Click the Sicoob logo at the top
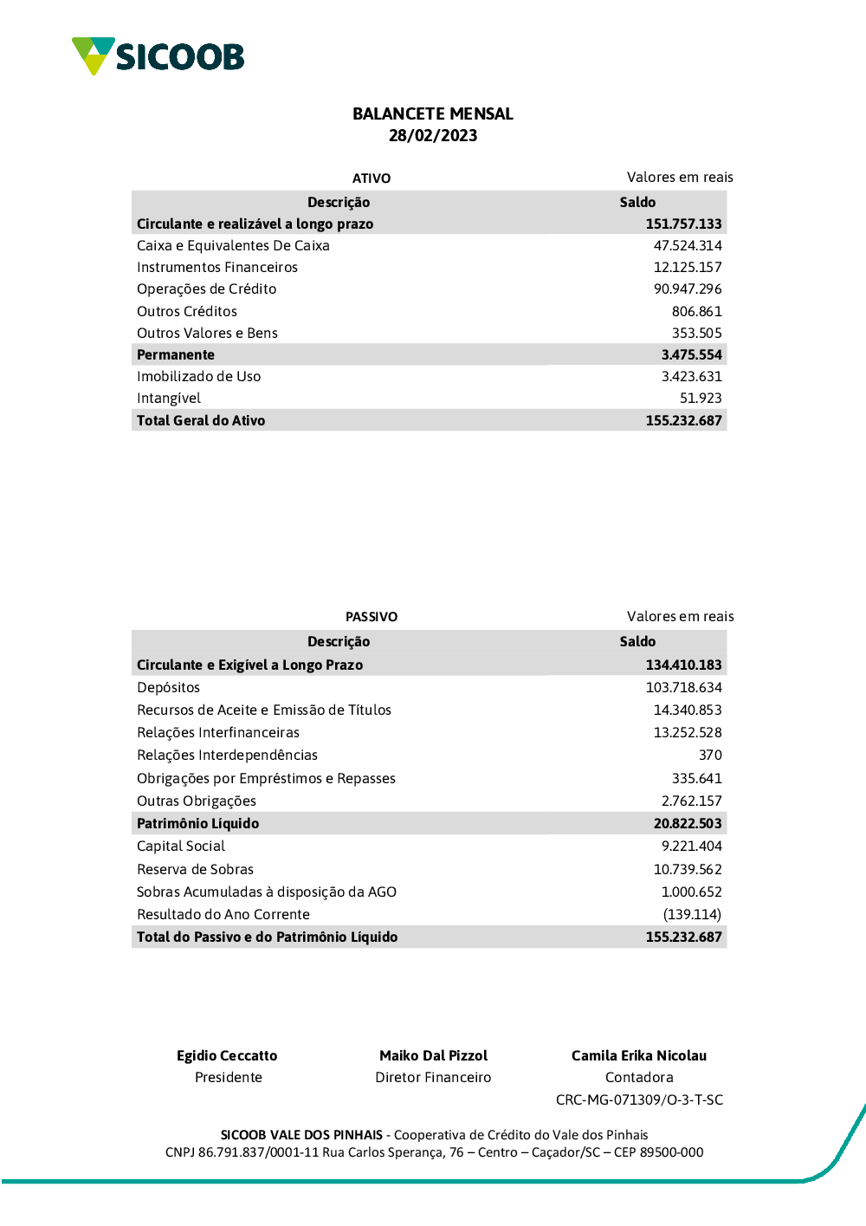tap(158, 56)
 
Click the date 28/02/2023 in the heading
tap(433, 136)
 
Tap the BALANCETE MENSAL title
tap(433, 114)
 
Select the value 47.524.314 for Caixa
tap(687, 246)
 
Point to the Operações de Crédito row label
tap(206, 289)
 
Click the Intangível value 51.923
tap(701, 399)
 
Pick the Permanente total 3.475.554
tap(691, 355)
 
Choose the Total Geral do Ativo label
tap(201, 421)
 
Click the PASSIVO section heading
tap(372, 617)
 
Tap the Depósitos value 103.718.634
tap(683, 688)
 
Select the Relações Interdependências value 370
tap(710, 756)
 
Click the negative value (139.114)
tap(692, 915)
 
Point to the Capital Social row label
tap(181, 847)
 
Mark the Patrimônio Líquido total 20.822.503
tap(687, 824)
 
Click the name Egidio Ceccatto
tap(227, 1056)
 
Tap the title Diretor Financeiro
tap(433, 1078)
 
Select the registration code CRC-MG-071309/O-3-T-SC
tap(639, 1100)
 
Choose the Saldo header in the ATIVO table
tap(637, 203)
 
